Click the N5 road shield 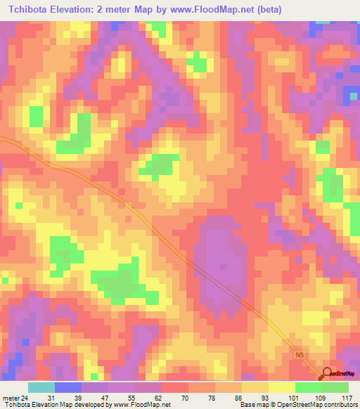300,356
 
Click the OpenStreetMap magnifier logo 327,374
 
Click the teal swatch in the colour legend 41,387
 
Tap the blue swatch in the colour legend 68,387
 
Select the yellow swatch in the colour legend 281,387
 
